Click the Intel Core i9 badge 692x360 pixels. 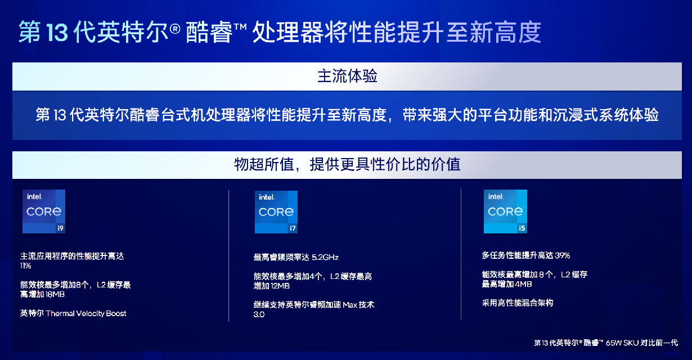[x=44, y=211]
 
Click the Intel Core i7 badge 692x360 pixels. [x=276, y=212]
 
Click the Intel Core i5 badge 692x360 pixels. [x=505, y=211]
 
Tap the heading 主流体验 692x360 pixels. [x=347, y=76]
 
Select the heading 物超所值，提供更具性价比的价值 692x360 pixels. [x=347, y=165]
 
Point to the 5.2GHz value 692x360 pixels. [x=325, y=257]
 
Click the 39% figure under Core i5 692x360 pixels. [x=562, y=255]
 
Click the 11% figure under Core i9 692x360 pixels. [x=26, y=265]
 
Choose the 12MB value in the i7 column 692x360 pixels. [x=280, y=286]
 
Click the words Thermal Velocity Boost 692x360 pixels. [x=86, y=313]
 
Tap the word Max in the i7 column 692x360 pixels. [x=350, y=305]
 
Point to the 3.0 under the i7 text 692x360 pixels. [x=259, y=314]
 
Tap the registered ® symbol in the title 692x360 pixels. [x=175, y=29]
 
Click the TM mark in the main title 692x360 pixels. [x=240, y=27]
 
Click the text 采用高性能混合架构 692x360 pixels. [x=518, y=303]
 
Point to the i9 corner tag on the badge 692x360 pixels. [x=60, y=228]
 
